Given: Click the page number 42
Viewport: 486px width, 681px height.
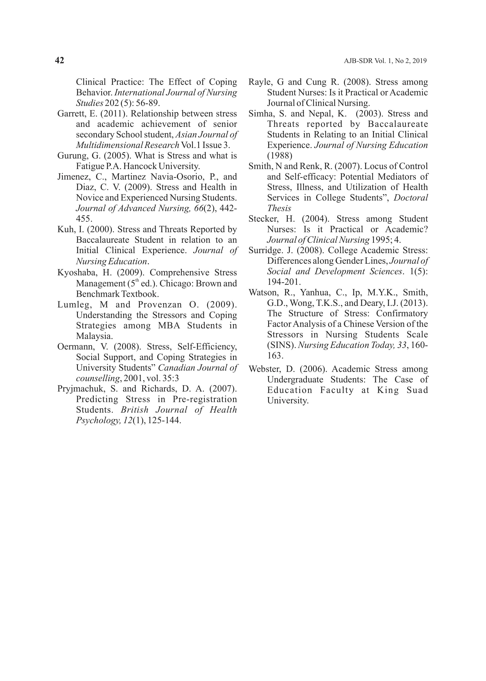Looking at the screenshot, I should tap(59, 60).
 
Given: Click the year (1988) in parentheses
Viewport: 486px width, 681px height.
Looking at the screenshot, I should tap(280, 156).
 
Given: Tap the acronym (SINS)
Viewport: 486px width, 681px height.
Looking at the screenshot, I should tap(281, 345).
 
